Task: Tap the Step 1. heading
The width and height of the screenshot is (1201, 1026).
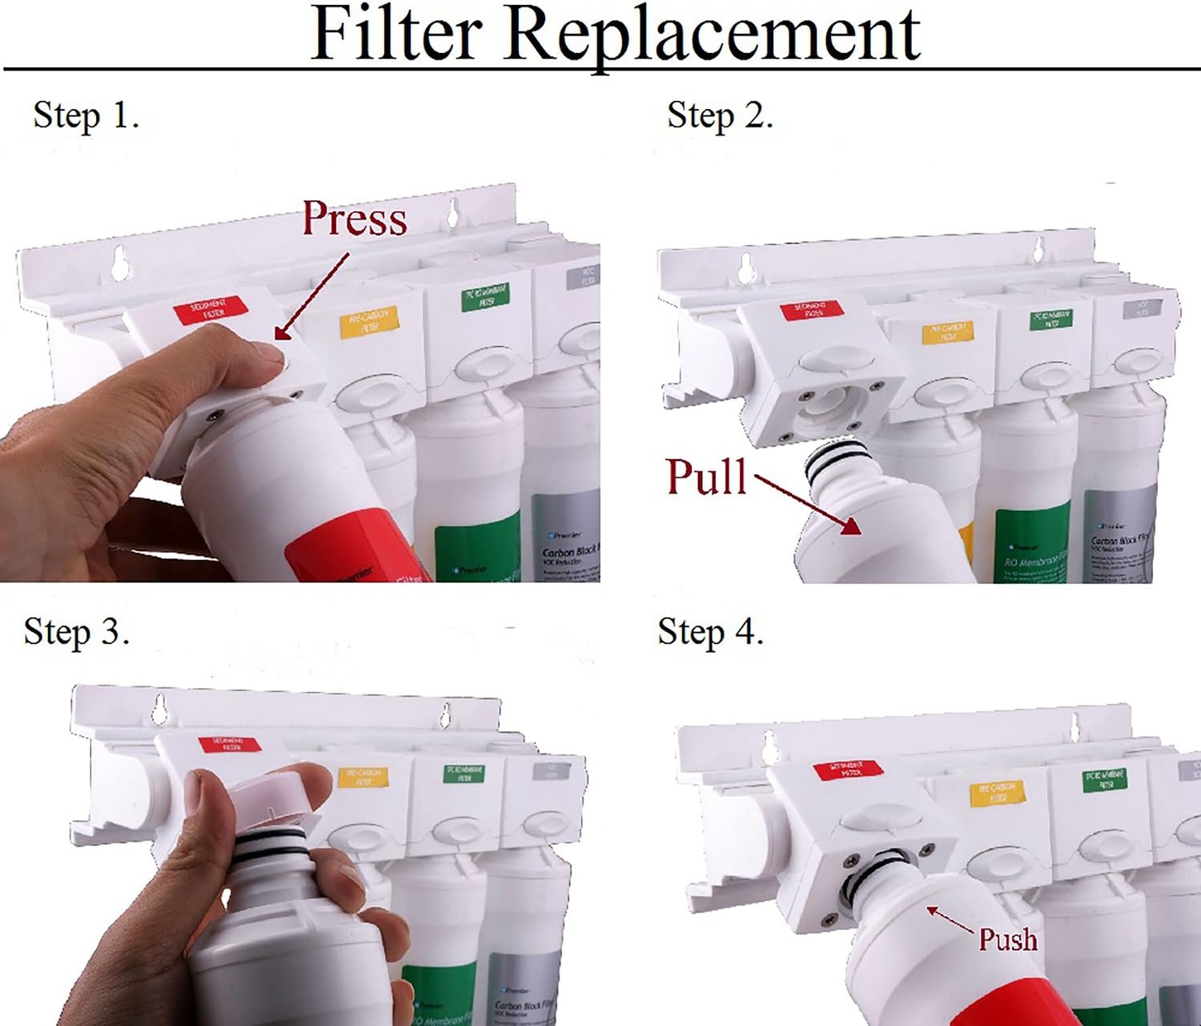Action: coord(86,115)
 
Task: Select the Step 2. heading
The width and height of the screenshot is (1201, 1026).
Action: coord(720,115)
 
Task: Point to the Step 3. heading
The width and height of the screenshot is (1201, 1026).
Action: coord(76,631)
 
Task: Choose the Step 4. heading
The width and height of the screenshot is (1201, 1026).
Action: coord(710,631)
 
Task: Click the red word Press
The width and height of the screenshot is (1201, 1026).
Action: coord(354,218)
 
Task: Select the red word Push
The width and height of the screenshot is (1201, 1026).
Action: coord(1007,939)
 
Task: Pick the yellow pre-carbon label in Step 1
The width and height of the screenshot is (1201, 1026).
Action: coord(368,321)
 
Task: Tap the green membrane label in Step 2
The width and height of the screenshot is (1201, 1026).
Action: coord(1050,319)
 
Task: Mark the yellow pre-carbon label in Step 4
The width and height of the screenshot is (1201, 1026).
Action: coord(997,792)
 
